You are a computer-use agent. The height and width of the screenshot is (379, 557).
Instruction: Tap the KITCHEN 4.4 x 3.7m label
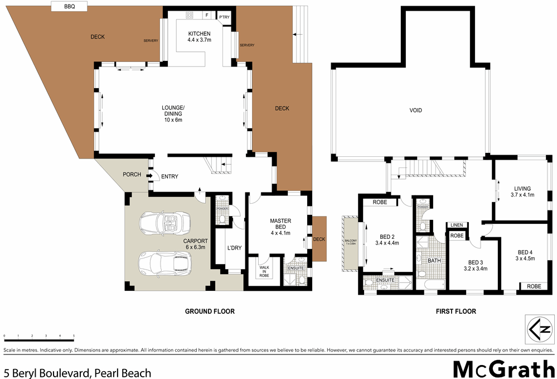click(x=199, y=37)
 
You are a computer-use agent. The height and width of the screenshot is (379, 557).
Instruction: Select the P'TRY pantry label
click(x=224, y=18)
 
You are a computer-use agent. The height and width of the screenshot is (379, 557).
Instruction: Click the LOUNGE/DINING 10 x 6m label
click(x=173, y=113)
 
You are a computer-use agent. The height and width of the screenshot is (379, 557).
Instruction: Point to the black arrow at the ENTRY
click(x=150, y=176)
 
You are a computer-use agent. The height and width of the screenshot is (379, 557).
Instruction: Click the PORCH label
click(x=132, y=175)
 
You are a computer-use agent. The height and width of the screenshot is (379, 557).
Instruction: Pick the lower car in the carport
click(x=165, y=262)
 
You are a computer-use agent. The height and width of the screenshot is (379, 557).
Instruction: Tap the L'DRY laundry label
click(x=234, y=248)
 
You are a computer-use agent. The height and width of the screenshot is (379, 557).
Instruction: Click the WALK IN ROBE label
click(x=264, y=271)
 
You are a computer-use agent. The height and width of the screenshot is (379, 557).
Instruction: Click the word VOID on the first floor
click(x=415, y=111)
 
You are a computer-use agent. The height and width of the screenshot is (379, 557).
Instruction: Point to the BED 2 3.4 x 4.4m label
click(x=389, y=239)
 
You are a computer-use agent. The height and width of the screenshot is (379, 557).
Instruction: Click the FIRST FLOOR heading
click(x=456, y=311)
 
